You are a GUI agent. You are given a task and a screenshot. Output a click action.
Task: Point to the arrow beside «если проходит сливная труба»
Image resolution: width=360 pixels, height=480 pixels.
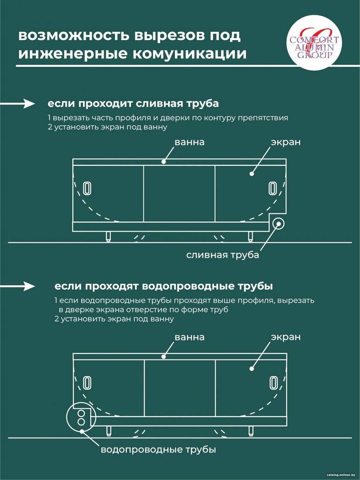[x=17, y=104]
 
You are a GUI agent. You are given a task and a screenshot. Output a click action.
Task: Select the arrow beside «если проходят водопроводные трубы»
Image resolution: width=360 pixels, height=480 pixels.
[x=17, y=287]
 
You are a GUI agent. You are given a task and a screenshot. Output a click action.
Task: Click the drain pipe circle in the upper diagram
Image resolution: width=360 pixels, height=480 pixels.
[x=278, y=223]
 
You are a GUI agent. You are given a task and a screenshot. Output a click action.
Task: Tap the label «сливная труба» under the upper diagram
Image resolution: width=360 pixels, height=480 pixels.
[x=223, y=255]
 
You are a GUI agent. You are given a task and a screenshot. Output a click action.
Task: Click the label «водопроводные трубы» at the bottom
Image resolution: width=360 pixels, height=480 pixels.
[x=158, y=450]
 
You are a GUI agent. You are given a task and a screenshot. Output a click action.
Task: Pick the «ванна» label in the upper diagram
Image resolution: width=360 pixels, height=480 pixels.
[x=189, y=142]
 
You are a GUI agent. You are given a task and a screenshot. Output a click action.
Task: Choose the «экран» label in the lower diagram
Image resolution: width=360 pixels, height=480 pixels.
[x=286, y=337]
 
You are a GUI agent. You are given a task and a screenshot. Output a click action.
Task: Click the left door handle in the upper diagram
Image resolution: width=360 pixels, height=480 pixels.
[x=87, y=188]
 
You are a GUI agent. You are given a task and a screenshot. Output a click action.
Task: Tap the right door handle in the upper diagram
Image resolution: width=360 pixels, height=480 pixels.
[x=272, y=188]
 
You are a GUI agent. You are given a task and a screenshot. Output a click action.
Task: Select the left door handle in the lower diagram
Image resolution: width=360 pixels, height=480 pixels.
[x=87, y=383]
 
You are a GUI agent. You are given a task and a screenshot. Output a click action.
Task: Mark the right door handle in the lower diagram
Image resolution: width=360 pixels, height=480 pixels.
[x=273, y=383]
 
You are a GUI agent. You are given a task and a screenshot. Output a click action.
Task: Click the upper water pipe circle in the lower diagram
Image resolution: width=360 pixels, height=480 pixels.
[x=81, y=414]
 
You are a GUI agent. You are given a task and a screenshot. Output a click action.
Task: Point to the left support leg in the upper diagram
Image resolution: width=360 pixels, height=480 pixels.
[x=108, y=237]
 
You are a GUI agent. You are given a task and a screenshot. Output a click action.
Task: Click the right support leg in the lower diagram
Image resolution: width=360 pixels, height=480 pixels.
[x=251, y=431]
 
